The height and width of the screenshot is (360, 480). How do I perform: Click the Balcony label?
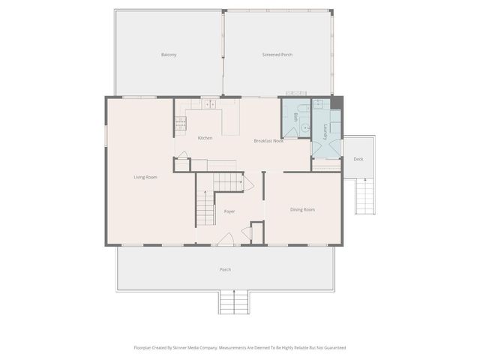click(x=169, y=55)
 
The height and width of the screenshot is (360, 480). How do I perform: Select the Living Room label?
click(x=145, y=177)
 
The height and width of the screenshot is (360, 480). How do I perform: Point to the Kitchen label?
click(x=205, y=138)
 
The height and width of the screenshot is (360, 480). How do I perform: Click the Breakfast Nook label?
click(x=268, y=141)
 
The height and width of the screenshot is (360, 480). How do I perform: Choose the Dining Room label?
click(x=302, y=209)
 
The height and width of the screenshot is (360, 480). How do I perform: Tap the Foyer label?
click(x=229, y=211)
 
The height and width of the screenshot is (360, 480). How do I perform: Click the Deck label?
click(x=358, y=159)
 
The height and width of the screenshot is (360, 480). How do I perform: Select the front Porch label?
click(x=225, y=269)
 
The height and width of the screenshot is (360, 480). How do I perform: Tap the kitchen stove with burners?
click(x=180, y=124)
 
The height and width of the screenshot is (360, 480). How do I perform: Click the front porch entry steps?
click(x=234, y=302)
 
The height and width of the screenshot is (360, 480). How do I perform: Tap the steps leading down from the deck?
click(x=364, y=196)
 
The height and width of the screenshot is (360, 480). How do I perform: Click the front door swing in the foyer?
click(x=226, y=239)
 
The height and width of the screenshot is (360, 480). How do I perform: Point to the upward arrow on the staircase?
click(x=205, y=196)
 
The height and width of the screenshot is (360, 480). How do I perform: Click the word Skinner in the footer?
click(x=189, y=348)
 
